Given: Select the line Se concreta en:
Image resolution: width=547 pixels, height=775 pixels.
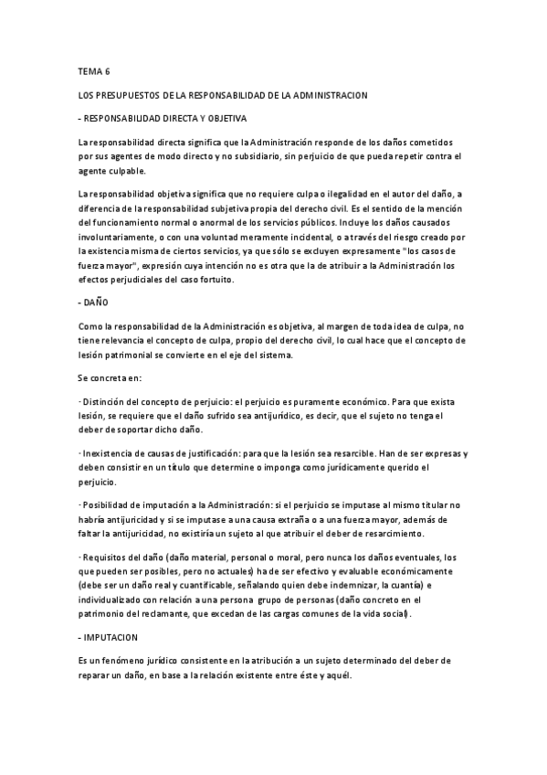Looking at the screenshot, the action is point(110,377).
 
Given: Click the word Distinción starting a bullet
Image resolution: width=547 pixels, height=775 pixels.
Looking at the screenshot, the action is point(107,402).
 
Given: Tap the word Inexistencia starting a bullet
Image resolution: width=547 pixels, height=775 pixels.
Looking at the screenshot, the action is point(110,454).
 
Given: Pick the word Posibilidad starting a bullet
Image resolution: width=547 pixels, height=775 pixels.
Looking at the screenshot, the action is point(109,505).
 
